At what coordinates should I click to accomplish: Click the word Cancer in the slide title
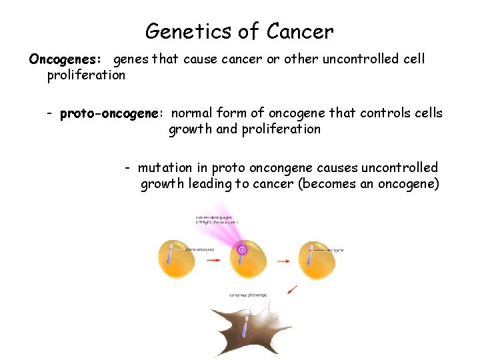point(300,31)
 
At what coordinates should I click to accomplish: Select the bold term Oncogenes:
point(65,59)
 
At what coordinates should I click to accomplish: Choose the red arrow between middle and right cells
point(280,260)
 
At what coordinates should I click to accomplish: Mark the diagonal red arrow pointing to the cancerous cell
point(291,289)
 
